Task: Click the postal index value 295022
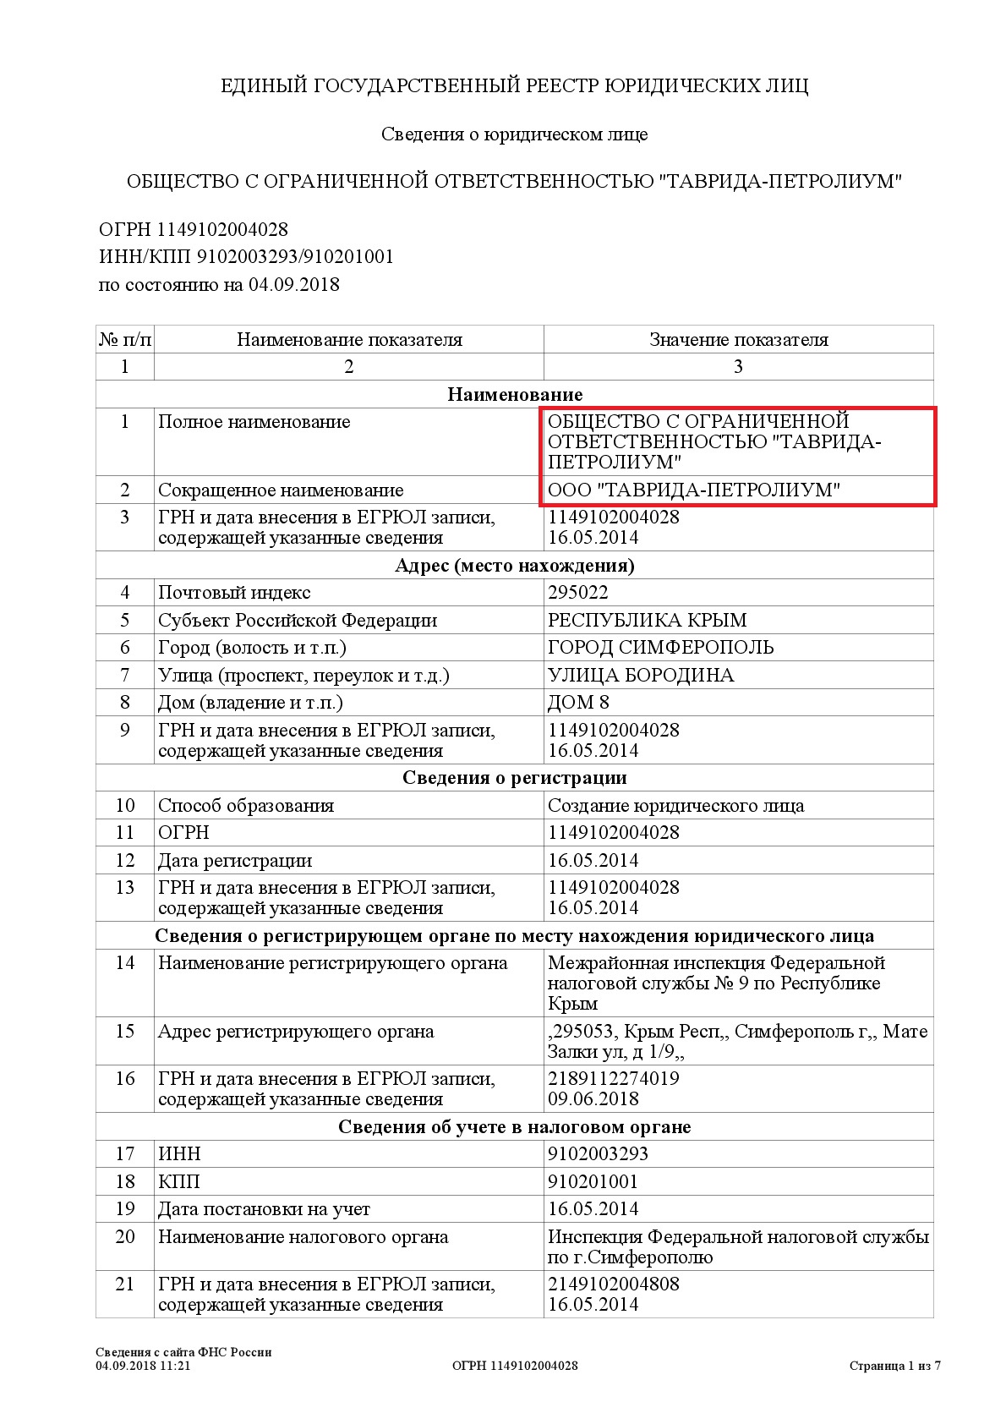pyautogui.click(x=577, y=593)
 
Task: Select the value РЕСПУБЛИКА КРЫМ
pyautogui.click(x=647, y=620)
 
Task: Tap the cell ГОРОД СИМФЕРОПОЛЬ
pyautogui.click(x=660, y=648)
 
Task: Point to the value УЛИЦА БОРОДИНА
pyautogui.click(x=641, y=676)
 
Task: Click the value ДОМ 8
pyautogui.click(x=578, y=703)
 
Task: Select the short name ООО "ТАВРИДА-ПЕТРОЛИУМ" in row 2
pyautogui.click(x=693, y=490)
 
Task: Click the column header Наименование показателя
pyautogui.click(x=349, y=340)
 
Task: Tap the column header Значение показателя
pyautogui.click(x=738, y=340)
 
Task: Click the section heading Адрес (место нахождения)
pyautogui.click(x=514, y=566)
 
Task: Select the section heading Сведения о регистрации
pyautogui.click(x=514, y=778)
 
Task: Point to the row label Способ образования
pyautogui.click(x=245, y=806)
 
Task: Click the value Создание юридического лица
pyautogui.click(x=675, y=806)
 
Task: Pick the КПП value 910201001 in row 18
pyautogui.click(x=593, y=1182)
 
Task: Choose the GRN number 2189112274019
pyautogui.click(x=613, y=1079)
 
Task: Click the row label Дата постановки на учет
pyautogui.click(x=264, y=1209)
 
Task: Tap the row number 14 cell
pyautogui.click(x=125, y=963)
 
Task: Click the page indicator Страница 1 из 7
pyautogui.click(x=894, y=1366)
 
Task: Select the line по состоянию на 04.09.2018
pyautogui.click(x=219, y=285)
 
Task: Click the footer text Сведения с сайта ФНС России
pyautogui.click(x=183, y=1352)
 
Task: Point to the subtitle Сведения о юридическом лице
pyautogui.click(x=514, y=134)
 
